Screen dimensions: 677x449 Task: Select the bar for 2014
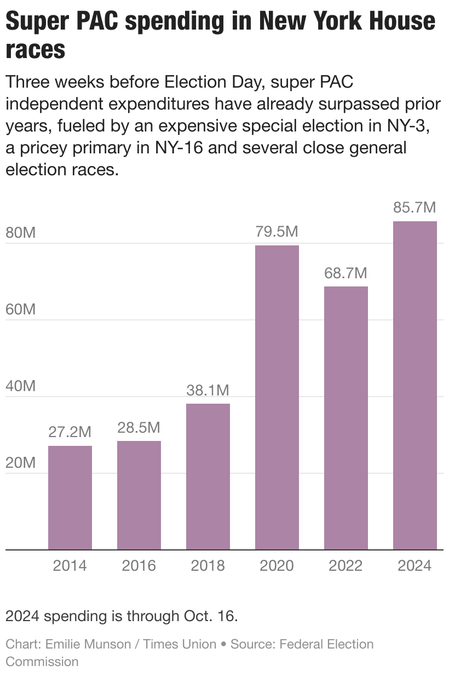[70, 497]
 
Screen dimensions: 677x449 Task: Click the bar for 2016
[139, 495]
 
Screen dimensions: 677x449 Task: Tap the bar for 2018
[208, 476]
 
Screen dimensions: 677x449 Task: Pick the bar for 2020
[277, 397]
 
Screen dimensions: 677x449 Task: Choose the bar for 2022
[346, 417]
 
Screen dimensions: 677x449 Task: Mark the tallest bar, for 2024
[415, 385]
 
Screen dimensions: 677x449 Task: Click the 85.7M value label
[415, 208]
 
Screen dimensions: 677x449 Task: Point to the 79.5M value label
[277, 232]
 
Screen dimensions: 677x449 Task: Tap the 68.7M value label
[346, 273]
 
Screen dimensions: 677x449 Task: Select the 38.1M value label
[208, 390]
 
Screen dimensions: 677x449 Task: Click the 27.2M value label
[70, 432]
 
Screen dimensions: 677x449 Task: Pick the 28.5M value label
[139, 427]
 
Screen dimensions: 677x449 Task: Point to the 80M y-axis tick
[21, 232]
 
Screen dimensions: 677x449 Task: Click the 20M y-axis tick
[21, 463]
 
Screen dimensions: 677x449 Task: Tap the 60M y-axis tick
[21, 309]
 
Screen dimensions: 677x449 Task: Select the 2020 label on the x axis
[277, 565]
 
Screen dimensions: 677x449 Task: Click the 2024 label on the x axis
[415, 565]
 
